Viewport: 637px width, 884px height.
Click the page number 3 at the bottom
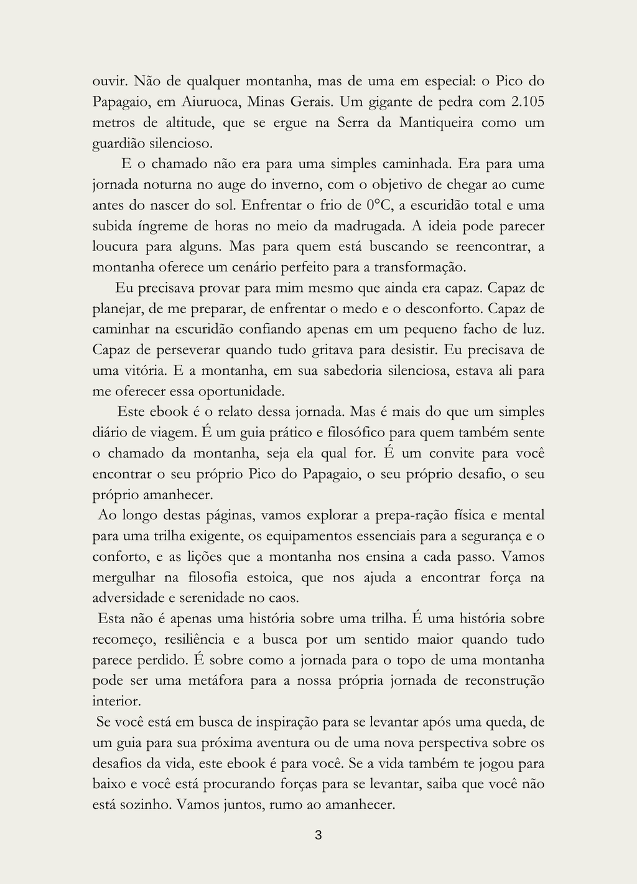(318, 835)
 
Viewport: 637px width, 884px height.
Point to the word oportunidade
(241, 391)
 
